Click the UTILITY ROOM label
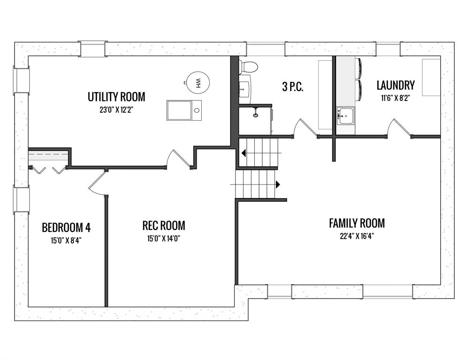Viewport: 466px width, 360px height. [x=116, y=97]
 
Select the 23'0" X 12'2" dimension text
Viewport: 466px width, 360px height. [x=116, y=110]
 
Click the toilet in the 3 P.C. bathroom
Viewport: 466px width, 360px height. [x=248, y=67]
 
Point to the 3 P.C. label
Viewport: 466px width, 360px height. [x=293, y=87]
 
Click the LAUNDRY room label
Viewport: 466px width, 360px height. [x=396, y=85]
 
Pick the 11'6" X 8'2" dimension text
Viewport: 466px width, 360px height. [x=396, y=98]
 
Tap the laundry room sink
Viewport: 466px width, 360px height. [x=346, y=115]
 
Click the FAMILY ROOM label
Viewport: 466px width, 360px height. [x=357, y=223]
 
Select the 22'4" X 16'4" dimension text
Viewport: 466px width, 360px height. [x=357, y=237]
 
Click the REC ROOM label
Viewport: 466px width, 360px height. [x=164, y=226]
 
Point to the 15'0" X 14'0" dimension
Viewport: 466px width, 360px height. [x=164, y=239]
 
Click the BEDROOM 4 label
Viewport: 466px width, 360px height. [x=66, y=228]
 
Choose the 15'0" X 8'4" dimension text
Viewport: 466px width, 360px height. [x=66, y=240]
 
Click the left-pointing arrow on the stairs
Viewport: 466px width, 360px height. [x=244, y=153]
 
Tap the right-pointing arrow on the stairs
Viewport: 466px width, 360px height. [x=278, y=184]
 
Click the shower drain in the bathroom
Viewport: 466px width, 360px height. [x=255, y=115]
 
